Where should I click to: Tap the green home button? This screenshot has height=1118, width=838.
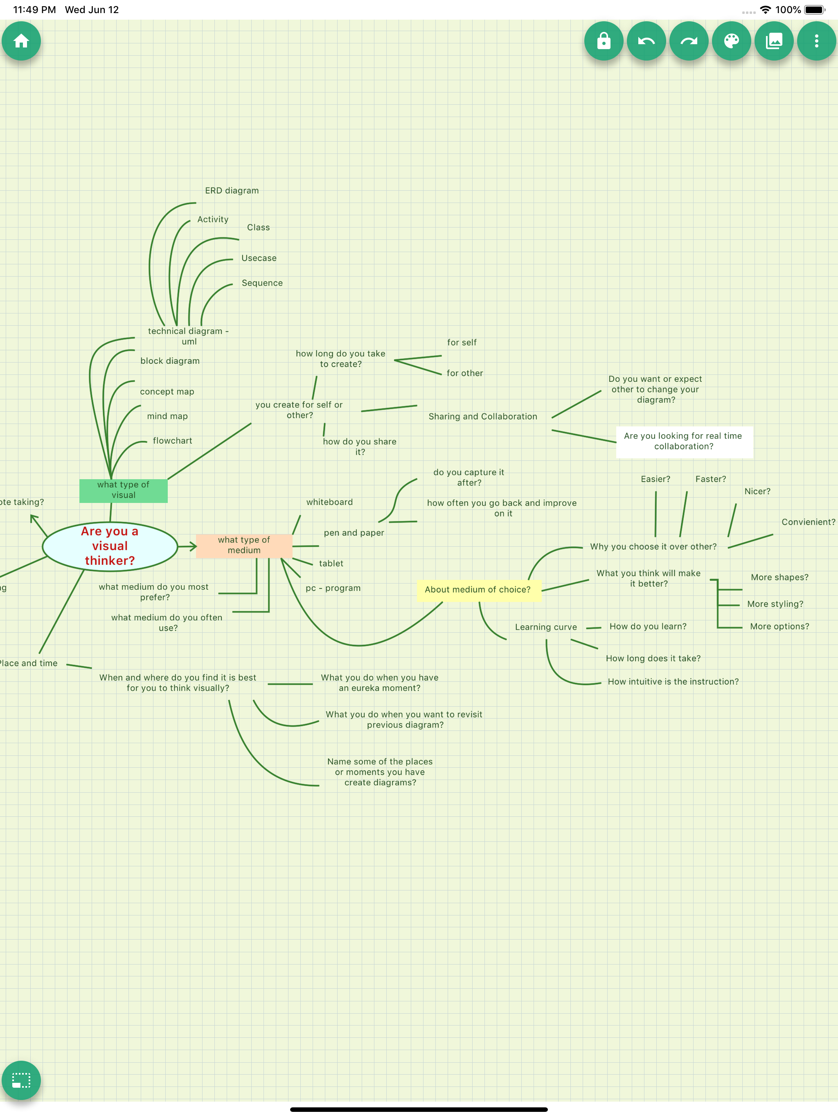pos(21,41)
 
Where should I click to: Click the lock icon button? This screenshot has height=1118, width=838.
pos(604,41)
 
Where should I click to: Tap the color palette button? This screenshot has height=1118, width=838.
pos(731,41)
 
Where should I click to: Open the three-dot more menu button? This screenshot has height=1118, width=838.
pos(816,41)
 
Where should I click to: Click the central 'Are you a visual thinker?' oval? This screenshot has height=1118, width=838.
pos(110,546)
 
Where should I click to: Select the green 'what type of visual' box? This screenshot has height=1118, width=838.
pos(123,490)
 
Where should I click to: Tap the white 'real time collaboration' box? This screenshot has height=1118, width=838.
pos(683,441)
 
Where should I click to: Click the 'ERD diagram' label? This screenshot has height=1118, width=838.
pos(232,191)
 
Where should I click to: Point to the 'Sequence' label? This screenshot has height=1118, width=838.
pos(262,283)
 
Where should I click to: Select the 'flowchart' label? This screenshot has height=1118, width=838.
pos(172,441)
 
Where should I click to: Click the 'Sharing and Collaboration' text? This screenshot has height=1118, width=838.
pos(483,417)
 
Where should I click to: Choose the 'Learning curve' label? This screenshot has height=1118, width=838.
pos(546,627)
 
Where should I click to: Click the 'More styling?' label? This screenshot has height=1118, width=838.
pos(775,604)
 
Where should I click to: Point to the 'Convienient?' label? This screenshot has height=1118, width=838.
pos(808,522)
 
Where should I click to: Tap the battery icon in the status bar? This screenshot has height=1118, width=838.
pos(814,9)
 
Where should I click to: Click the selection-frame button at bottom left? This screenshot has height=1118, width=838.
pos(21,1080)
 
